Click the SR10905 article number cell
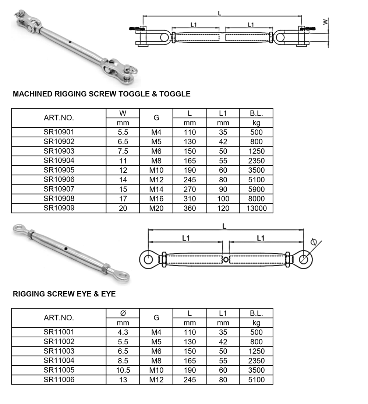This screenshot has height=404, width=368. [59, 170]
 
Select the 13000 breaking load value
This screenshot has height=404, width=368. [256, 208]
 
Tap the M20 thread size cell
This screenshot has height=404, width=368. [156, 208]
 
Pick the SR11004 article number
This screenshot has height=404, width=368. [59, 361]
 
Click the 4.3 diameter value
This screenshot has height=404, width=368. [123, 332]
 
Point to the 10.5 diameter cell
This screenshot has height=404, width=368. [123, 370]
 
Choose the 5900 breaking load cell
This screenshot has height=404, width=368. [256, 189]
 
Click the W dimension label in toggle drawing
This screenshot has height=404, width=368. [325, 22]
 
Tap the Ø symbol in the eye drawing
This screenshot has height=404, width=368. [314, 242]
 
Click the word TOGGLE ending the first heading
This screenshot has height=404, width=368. [176, 94]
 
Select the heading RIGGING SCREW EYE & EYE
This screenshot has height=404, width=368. [64, 294]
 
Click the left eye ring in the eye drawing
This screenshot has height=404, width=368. [148, 259]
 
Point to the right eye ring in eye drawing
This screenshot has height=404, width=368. [304, 259]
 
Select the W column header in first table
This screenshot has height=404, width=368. [123, 113]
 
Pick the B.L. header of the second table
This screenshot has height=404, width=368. [256, 313]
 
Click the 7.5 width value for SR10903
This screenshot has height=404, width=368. [123, 151]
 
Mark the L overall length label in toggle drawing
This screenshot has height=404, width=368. [220, 13]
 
